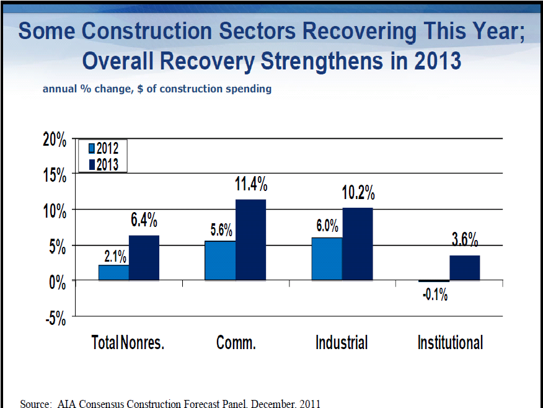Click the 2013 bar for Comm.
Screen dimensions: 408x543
click(250, 240)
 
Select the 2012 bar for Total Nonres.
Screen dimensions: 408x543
click(114, 273)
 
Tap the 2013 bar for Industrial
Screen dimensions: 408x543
click(358, 244)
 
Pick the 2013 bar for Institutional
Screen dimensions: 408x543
click(465, 268)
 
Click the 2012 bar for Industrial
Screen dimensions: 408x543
click(327, 259)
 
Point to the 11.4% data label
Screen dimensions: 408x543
click(250, 184)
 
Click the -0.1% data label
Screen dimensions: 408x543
click(435, 295)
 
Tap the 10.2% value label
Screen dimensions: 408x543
click(358, 193)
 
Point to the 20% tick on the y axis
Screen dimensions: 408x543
click(53, 140)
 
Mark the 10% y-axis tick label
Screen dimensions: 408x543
click(53, 211)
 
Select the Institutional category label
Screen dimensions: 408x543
click(450, 343)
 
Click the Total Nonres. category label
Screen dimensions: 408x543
click(128, 343)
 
